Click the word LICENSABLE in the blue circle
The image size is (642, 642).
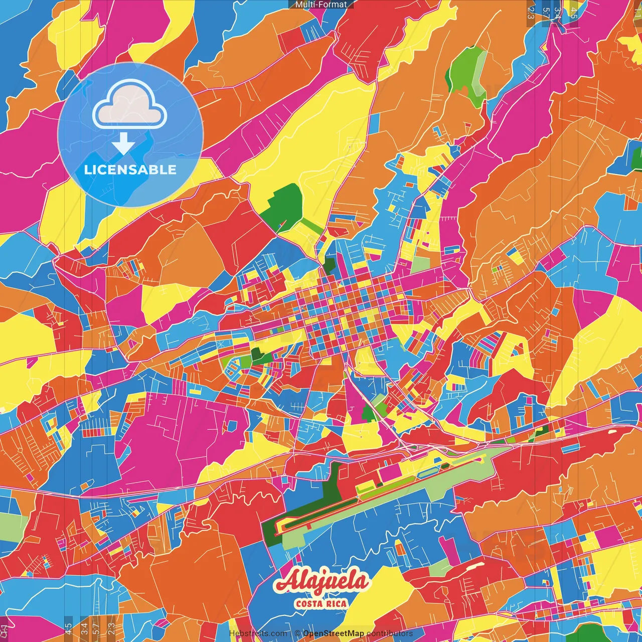[x=130, y=170]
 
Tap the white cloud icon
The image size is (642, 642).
[x=129, y=106]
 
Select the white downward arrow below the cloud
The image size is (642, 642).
[x=123, y=144]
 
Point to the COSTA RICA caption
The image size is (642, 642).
[x=321, y=603]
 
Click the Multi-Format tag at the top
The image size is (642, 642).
[x=321, y=5]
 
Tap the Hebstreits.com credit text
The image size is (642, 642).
[x=258, y=633]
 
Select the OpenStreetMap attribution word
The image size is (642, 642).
[x=333, y=633]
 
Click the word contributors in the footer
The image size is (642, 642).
[x=390, y=633]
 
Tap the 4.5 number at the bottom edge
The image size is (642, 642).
[x=68, y=628]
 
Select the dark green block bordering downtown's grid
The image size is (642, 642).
[x=329, y=264]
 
